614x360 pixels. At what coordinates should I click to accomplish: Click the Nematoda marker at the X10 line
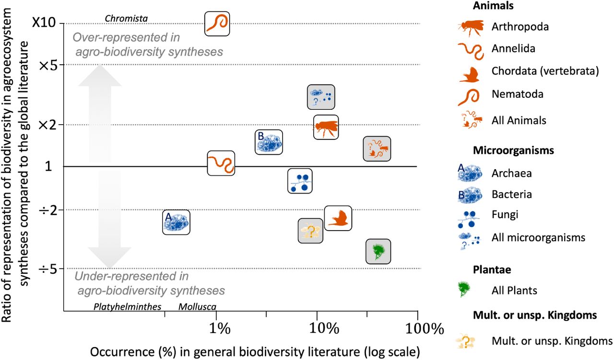point(217,23)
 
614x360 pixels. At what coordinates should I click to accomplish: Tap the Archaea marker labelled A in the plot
point(176,222)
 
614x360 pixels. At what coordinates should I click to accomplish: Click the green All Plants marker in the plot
point(378,251)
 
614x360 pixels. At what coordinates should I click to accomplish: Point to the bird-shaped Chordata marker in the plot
point(338,219)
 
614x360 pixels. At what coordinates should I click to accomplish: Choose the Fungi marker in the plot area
point(300,181)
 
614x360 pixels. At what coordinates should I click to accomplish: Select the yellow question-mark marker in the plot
point(310,231)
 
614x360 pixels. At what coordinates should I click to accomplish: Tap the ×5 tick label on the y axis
point(48,65)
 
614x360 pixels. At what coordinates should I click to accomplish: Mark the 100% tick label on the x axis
point(418,328)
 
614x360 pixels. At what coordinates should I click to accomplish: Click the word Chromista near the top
point(126,19)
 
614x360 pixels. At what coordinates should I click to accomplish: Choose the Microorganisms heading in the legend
point(513,151)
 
